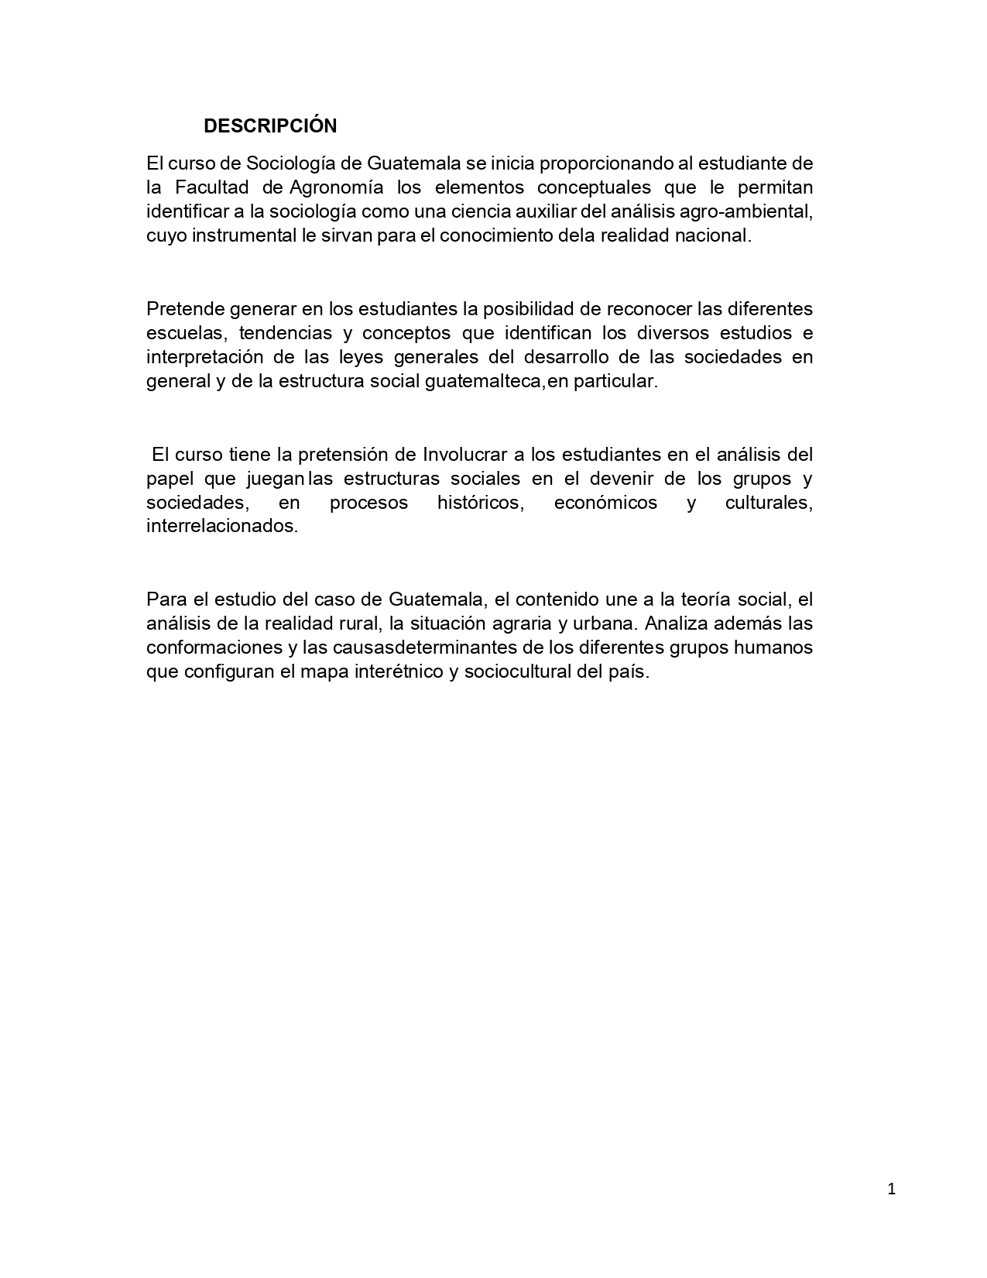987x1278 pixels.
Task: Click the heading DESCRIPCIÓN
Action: coord(270,125)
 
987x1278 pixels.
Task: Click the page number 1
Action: coord(891,1190)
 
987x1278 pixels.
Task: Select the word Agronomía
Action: coord(337,187)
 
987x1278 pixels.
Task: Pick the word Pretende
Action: coord(183,309)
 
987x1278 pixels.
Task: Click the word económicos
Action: coord(605,502)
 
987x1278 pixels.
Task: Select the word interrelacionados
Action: coord(222,526)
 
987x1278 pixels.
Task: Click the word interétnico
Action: coord(398,672)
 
